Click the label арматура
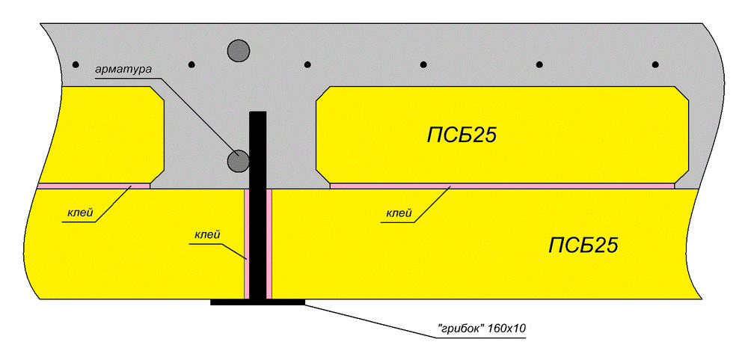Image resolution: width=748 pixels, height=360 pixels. [x=123, y=69]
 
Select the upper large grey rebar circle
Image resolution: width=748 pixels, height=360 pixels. [x=238, y=50]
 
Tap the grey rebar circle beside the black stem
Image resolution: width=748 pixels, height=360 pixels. [x=238, y=159]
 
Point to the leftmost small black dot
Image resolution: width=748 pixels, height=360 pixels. [x=76, y=64]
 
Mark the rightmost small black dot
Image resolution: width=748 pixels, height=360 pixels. [x=655, y=64]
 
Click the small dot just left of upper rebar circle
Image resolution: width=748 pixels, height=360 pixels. [x=191, y=64]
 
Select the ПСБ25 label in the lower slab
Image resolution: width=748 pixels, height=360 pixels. [x=583, y=245]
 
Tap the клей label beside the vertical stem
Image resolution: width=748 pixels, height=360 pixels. [x=207, y=235]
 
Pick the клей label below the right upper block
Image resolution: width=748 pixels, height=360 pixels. [x=399, y=214]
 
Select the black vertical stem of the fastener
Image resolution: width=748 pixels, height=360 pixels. [x=257, y=202]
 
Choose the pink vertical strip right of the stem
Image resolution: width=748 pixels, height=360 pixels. [x=269, y=243]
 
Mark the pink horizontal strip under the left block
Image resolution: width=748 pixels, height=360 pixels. [x=93, y=186]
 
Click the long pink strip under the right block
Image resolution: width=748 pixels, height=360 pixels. [x=501, y=186]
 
